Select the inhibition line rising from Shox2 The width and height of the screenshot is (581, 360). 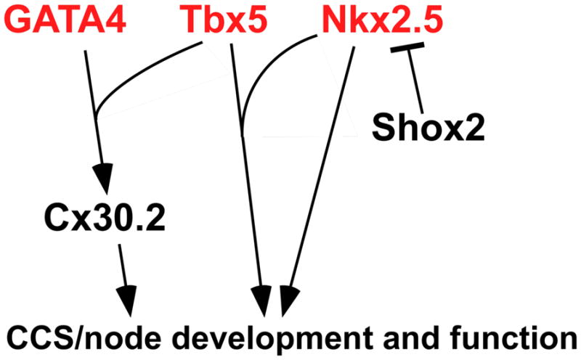(416, 80)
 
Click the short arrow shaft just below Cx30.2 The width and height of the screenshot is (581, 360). (121, 265)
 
